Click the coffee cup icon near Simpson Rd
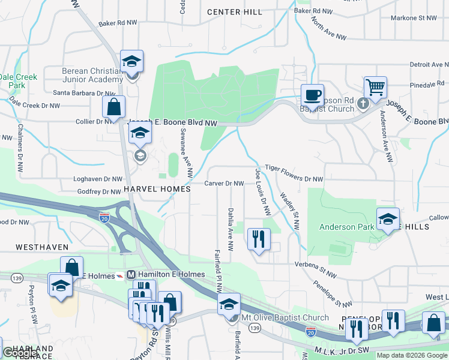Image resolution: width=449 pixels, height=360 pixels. click(312, 95)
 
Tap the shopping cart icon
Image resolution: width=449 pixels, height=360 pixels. click(375, 88)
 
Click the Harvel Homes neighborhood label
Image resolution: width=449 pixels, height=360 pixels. click(157, 189)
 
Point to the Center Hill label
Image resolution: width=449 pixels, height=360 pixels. click(234, 12)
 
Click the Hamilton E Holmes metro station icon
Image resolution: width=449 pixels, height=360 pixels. click(130, 275)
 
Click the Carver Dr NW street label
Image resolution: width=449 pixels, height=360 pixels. click(224, 183)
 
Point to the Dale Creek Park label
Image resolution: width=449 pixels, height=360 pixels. click(18, 81)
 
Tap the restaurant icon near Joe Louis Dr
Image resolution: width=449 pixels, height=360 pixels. click(259, 239)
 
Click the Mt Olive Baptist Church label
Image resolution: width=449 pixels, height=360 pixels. click(285, 317)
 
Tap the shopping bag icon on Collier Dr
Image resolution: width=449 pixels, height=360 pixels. click(113, 107)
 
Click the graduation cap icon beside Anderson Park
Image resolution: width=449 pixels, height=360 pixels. click(388, 219)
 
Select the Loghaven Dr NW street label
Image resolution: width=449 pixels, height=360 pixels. click(97, 179)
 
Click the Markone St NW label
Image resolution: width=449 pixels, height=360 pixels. click(414, 18)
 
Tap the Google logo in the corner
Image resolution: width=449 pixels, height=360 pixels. click(20, 353)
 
